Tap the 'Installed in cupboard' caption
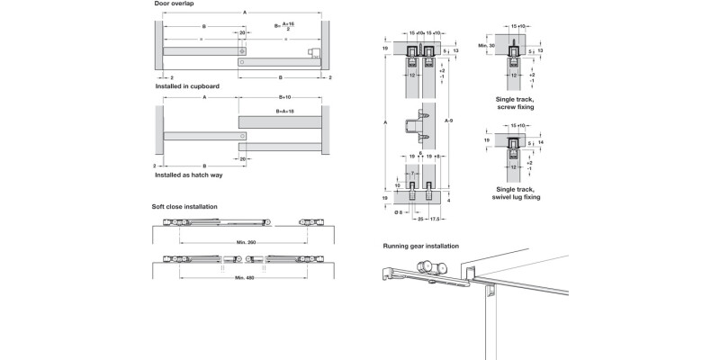click(185, 86)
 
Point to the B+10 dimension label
click(283, 96)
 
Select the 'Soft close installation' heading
click(184, 207)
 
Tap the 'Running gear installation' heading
click(421, 246)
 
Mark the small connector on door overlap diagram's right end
click(313, 51)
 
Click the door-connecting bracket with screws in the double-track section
click(417, 125)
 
